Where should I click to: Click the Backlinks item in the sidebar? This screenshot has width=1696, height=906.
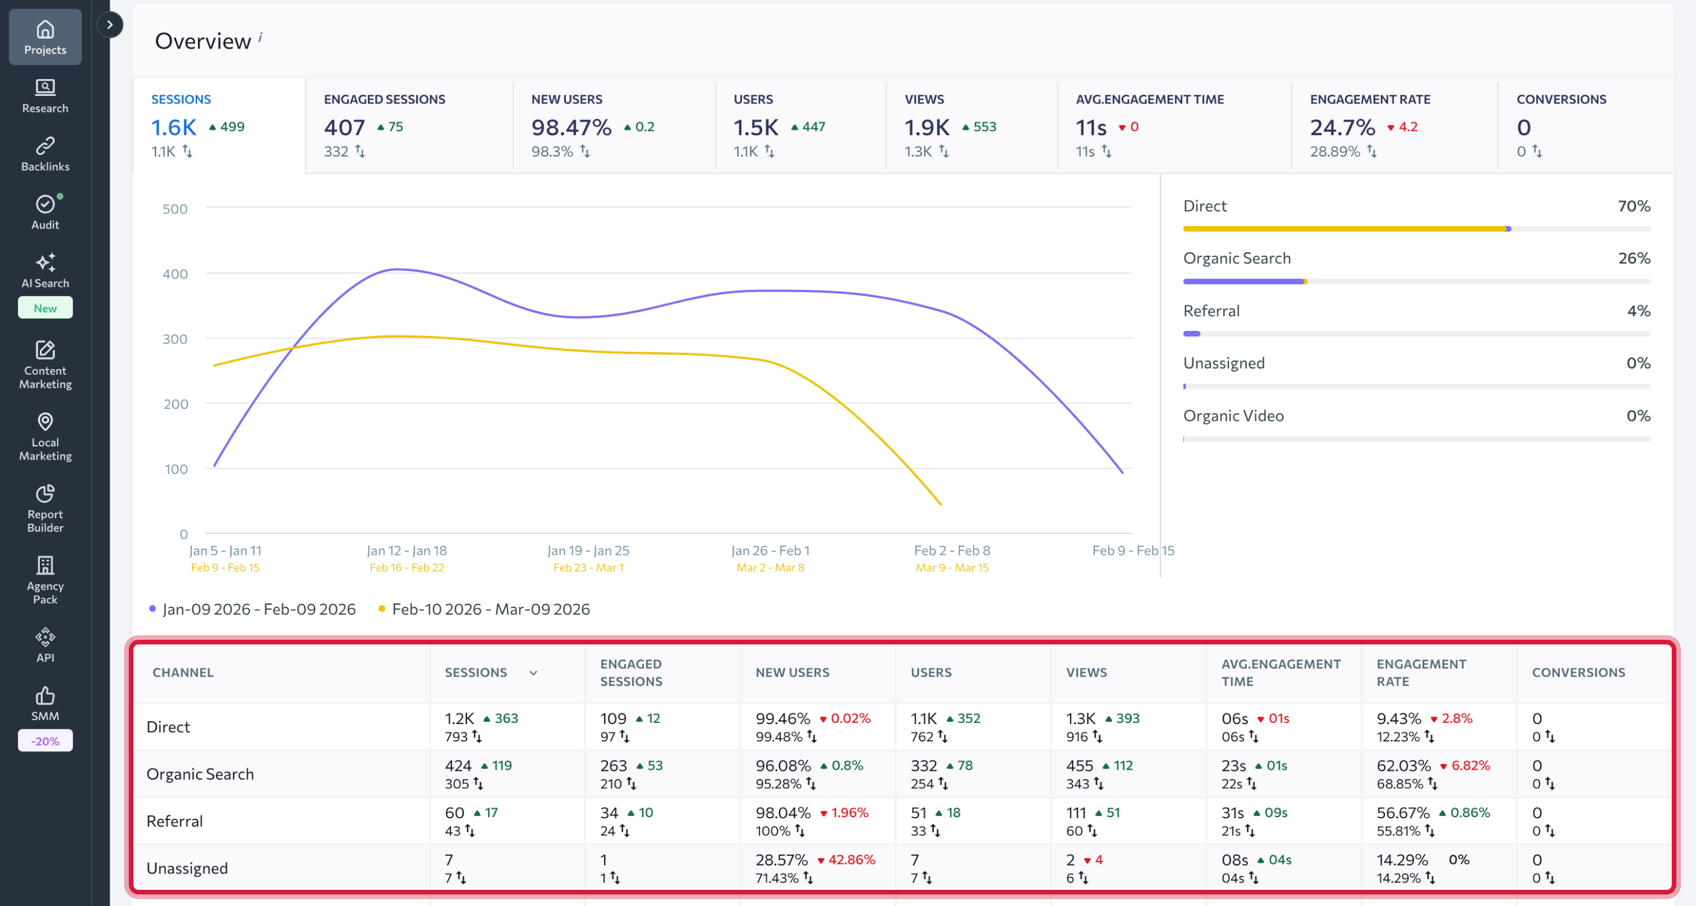45,154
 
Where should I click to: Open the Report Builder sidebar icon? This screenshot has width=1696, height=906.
45,508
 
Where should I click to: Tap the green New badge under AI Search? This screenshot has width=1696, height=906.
45,308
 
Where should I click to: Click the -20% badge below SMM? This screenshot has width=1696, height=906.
45,741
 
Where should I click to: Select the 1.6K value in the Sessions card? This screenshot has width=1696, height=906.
174,127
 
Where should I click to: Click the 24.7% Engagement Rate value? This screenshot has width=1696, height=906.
1342,127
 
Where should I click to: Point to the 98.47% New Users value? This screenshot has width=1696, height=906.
571,127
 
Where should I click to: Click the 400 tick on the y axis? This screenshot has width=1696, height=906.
174,274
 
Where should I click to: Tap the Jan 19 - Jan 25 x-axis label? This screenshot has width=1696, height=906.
588,550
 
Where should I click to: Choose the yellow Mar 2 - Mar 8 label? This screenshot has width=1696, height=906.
770,568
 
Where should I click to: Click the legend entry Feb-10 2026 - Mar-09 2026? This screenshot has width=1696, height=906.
490,609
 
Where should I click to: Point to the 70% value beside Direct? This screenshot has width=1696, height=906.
1634,206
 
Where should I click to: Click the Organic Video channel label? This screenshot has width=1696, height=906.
1233,416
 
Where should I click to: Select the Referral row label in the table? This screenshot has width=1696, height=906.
174,821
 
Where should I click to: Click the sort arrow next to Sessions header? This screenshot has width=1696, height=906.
534,673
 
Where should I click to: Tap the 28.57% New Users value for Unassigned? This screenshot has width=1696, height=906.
781,860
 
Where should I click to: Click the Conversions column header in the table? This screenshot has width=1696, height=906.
1578,672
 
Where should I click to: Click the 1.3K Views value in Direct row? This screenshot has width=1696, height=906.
1081,718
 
